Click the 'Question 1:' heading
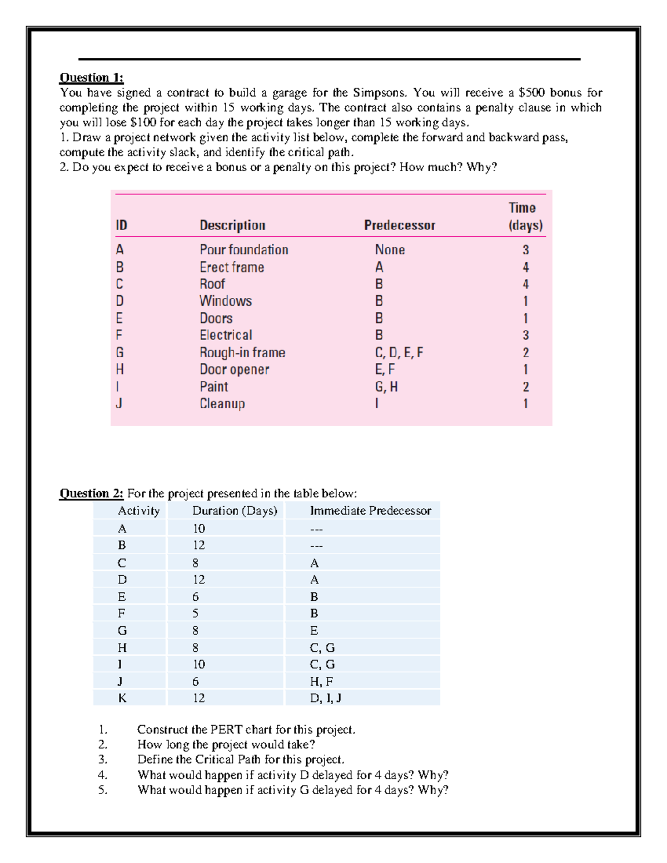click(x=92, y=77)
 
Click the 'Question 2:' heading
click(x=92, y=493)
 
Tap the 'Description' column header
click(x=232, y=225)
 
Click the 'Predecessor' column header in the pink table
click(x=399, y=225)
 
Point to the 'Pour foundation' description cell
click(x=243, y=250)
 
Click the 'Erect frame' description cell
click(x=232, y=267)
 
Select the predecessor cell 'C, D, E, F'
click(x=399, y=352)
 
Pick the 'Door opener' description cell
click(x=234, y=370)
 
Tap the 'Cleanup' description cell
click(x=222, y=403)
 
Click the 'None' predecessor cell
click(x=390, y=250)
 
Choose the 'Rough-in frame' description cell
click(x=242, y=352)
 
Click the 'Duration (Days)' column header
click(x=235, y=511)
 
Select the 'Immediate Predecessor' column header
click(x=370, y=511)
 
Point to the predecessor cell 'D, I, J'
click(x=325, y=698)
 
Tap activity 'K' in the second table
click(x=122, y=698)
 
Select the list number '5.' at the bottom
click(x=103, y=790)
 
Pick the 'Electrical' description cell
click(x=226, y=335)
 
